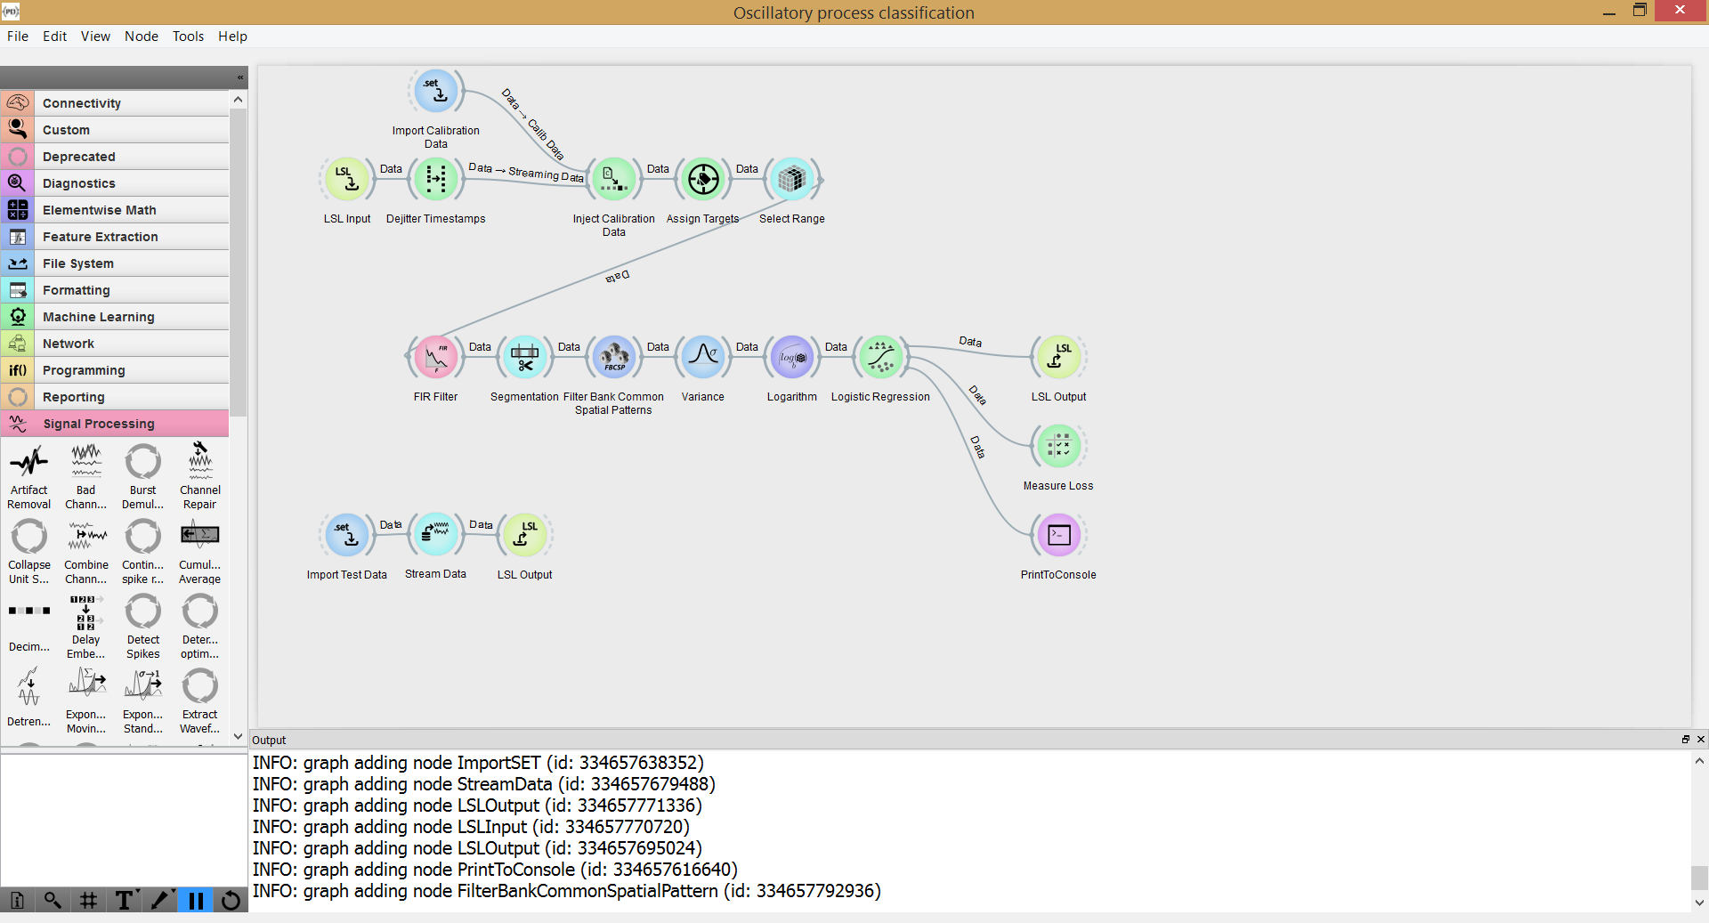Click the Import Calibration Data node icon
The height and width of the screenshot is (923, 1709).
pos(436,91)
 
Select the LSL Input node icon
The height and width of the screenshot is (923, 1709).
pos(347,179)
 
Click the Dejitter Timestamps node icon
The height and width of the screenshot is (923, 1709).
pos(436,179)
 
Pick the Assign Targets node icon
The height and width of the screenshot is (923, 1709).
pos(703,179)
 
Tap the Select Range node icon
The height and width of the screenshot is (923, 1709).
pos(792,179)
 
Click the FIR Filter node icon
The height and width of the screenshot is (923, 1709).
pos(436,357)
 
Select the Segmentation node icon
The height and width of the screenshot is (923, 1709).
pos(525,357)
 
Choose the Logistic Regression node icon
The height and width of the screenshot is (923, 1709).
pos(881,357)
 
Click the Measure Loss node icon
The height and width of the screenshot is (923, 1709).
pos(1059,446)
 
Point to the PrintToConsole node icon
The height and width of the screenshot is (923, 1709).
pos(1059,535)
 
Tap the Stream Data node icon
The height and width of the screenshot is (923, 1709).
pos(436,534)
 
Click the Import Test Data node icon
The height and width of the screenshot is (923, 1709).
pos(347,535)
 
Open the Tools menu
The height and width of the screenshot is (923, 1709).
pos(188,36)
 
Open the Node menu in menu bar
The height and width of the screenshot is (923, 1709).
pos(142,36)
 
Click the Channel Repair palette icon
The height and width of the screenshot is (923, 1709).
pos(200,461)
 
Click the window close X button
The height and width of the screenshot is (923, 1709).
pos(1680,10)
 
